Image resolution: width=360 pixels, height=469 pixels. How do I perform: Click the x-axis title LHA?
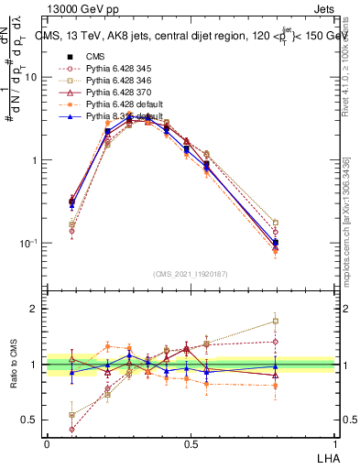click(x=327, y=456)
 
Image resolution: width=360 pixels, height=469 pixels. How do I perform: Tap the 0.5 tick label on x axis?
click(x=191, y=443)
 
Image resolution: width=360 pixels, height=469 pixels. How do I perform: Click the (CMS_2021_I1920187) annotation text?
click(x=190, y=272)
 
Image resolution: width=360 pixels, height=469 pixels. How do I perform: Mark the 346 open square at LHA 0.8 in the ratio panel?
click(x=276, y=321)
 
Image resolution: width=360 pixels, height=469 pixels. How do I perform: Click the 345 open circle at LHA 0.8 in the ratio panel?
click(x=276, y=342)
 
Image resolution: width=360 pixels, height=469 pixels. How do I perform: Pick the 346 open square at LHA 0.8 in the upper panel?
click(x=276, y=223)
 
